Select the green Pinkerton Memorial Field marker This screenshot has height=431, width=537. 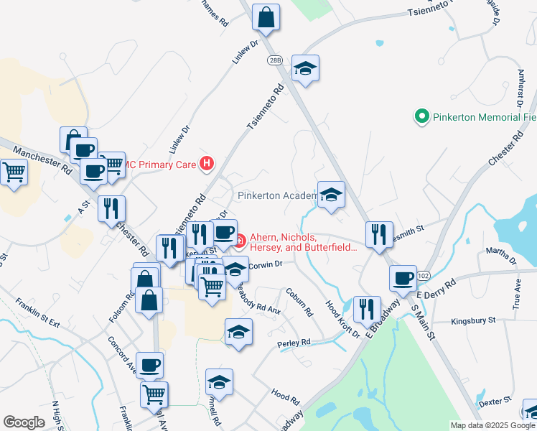[x=421, y=116]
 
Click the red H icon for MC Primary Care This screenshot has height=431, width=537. [x=207, y=164]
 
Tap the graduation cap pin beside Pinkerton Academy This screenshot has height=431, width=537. [x=331, y=195]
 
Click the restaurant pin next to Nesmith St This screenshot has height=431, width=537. [x=378, y=235]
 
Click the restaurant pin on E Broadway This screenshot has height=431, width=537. [x=367, y=309]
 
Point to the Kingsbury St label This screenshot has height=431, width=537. [x=473, y=320]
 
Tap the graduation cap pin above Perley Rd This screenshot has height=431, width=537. [x=238, y=332]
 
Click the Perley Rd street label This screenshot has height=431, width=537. [x=294, y=343]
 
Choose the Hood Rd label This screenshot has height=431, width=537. [x=285, y=395]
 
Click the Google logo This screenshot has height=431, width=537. [x=24, y=422]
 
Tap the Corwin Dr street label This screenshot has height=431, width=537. [x=267, y=264]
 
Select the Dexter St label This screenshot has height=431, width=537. [x=494, y=402]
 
